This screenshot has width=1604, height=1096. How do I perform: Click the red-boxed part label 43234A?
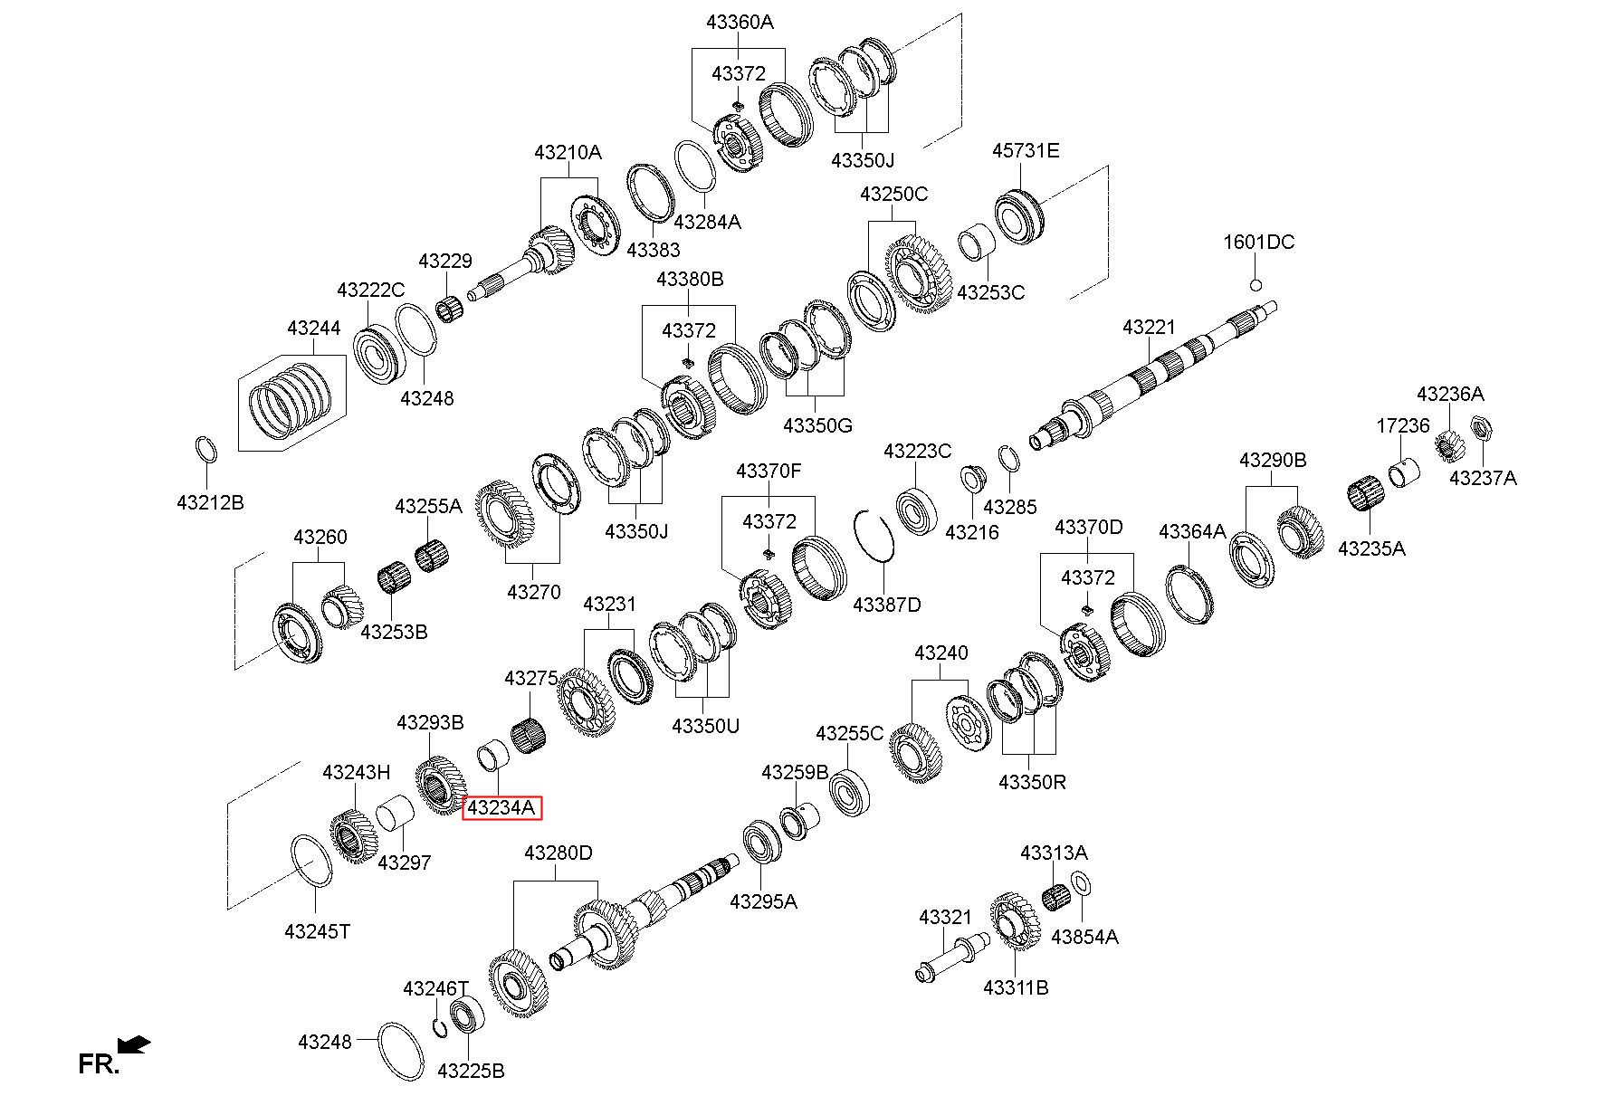tap(501, 807)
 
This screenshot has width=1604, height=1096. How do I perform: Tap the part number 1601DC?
tap(1258, 242)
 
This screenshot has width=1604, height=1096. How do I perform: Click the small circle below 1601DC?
tap(1256, 285)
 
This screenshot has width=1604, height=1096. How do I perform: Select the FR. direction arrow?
tap(135, 1044)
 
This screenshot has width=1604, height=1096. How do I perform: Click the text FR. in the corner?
tap(98, 1064)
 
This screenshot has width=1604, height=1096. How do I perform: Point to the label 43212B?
tap(210, 502)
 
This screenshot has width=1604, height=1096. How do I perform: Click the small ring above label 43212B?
tap(206, 450)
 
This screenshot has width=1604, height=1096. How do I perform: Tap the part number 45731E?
tap(1025, 150)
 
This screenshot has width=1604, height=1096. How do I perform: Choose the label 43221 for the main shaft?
tap(1148, 327)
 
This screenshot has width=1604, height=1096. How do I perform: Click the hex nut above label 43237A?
tap(1482, 425)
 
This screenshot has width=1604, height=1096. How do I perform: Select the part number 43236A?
tap(1450, 394)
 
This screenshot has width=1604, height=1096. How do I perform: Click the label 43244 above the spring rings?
tap(313, 328)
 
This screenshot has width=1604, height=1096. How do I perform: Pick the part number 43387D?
tap(886, 604)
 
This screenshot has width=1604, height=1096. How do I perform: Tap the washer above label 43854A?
tap(1082, 882)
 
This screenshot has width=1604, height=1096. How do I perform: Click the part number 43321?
tap(945, 917)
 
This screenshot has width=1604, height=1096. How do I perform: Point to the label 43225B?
tap(471, 1071)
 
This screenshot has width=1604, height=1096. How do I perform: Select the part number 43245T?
tap(317, 930)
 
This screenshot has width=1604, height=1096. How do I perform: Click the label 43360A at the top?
tap(740, 23)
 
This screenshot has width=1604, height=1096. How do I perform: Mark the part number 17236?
tap(1403, 425)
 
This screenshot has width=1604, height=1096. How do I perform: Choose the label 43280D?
tap(559, 853)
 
